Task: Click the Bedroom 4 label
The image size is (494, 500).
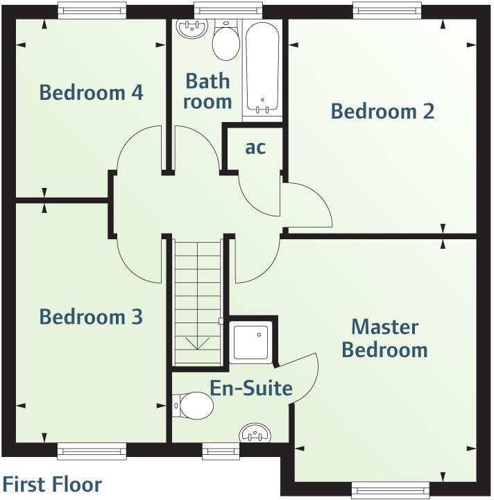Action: pos(91,92)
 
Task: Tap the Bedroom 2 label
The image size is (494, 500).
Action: pos(382,111)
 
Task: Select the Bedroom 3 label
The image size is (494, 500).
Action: pos(91,317)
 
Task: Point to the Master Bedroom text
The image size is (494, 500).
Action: pos(384,338)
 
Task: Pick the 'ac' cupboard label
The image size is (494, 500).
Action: pos(255,147)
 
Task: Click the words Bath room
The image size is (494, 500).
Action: pos(208,91)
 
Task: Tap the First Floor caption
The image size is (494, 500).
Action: pos(53,484)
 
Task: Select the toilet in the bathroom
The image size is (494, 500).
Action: pos(225,42)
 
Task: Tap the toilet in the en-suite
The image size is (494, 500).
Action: pos(193,405)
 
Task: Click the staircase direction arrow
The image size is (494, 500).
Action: pos(198,342)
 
